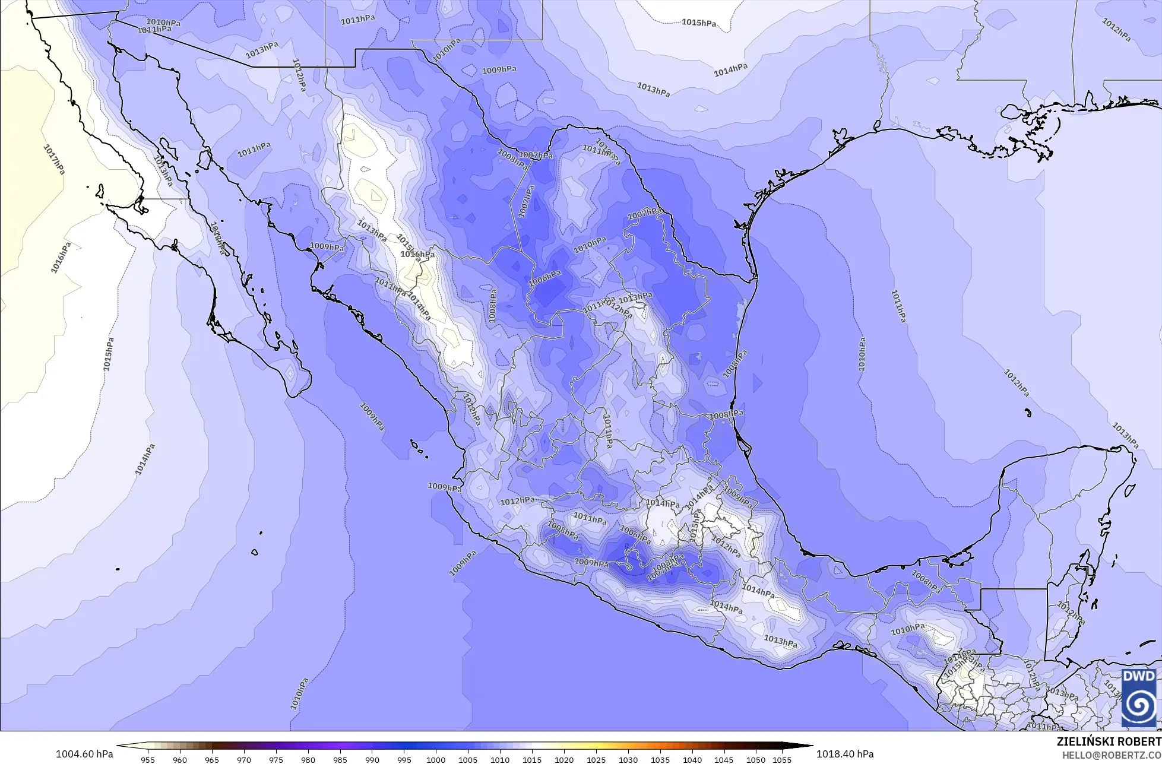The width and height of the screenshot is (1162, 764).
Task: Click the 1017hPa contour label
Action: tap(53, 159)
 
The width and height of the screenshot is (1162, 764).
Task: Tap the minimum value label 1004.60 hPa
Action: tap(84, 754)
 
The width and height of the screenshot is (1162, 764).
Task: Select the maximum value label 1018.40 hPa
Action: tap(845, 754)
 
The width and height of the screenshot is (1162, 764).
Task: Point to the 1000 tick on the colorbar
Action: tap(436, 760)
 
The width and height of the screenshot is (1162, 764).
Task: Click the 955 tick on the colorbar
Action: tap(148, 760)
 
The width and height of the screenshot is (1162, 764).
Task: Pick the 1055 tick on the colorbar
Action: tap(783, 760)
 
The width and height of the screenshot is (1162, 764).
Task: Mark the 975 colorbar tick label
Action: tap(276, 760)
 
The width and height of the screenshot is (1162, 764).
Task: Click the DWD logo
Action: tap(1138, 698)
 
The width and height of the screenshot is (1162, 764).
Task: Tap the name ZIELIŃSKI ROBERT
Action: tap(1109, 742)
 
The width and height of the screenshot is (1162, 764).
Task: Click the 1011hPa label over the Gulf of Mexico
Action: tap(898, 306)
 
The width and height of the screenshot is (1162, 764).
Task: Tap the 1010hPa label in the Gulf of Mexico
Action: tap(862, 354)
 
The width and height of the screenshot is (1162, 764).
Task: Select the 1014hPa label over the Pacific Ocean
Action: tap(144, 459)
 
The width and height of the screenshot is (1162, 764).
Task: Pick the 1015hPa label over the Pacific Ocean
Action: tap(109, 354)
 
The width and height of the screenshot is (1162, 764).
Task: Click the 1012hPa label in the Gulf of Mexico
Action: tap(1016, 383)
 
